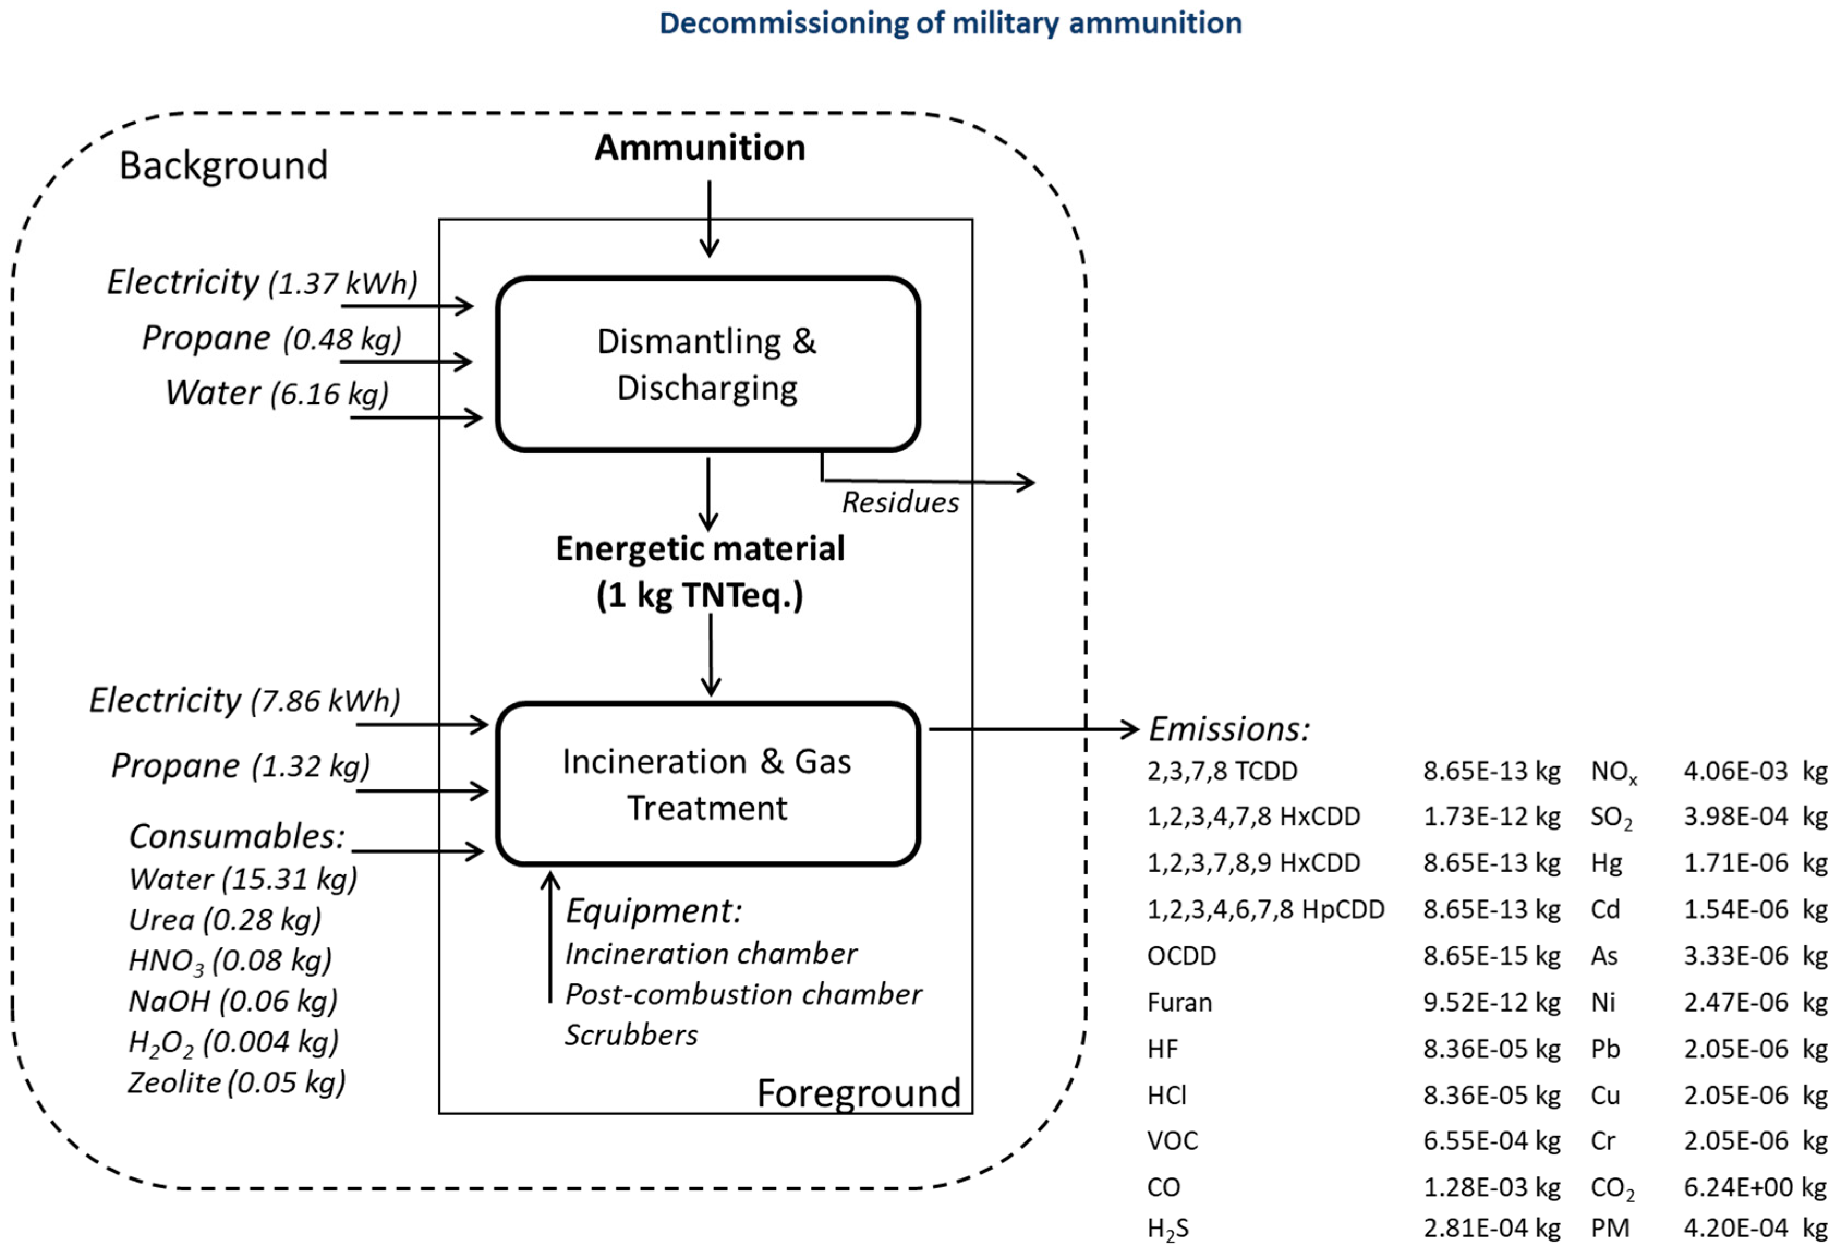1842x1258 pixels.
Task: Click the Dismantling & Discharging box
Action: (x=707, y=365)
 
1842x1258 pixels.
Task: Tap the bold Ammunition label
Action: (x=700, y=148)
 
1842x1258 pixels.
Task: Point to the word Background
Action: (x=223, y=166)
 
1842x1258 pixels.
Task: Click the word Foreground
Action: (x=858, y=1093)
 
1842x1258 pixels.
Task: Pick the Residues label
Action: (x=900, y=503)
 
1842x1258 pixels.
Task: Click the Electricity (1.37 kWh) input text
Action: (x=262, y=282)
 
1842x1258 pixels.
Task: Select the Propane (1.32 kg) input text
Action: (x=240, y=766)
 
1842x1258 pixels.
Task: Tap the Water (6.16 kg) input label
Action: (x=277, y=393)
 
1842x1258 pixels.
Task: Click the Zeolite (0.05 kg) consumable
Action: (x=236, y=1083)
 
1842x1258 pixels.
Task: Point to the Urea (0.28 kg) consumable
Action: (x=225, y=920)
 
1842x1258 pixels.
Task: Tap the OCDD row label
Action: (x=1181, y=956)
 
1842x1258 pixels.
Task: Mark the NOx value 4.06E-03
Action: (x=1736, y=771)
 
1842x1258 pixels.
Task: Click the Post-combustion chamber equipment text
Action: (x=743, y=994)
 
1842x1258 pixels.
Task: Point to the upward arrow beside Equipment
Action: (x=550, y=937)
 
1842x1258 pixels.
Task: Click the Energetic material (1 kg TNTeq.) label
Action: (x=700, y=572)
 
